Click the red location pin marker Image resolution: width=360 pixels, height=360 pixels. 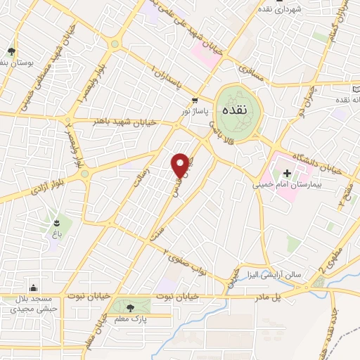(x=181, y=165)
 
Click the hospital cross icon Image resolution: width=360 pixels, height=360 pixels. (x=287, y=173)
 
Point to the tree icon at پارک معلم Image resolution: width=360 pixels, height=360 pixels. (x=129, y=307)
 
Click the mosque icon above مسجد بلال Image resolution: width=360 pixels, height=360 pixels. (x=32, y=286)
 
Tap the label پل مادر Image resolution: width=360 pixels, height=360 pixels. (x=287, y=297)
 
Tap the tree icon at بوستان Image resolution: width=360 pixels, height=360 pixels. (x=11, y=51)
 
